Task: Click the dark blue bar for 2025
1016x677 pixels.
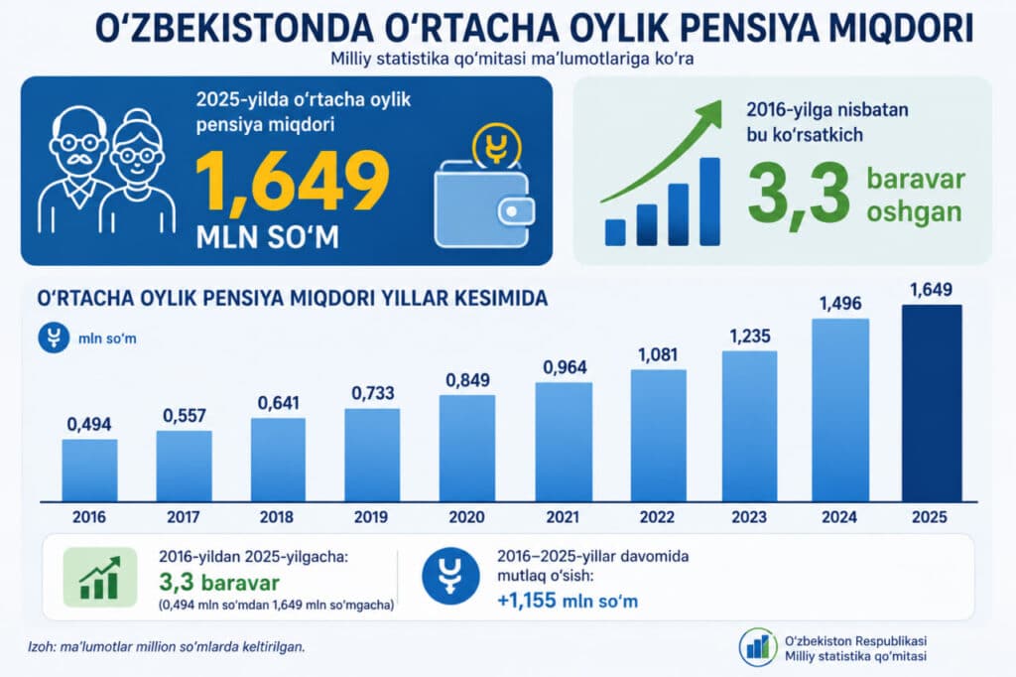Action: (x=932, y=403)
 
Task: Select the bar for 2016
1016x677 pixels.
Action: (x=89, y=471)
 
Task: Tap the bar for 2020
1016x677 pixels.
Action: (x=466, y=448)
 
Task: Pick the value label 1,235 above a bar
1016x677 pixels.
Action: (x=750, y=336)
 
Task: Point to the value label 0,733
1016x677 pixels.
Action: (x=373, y=393)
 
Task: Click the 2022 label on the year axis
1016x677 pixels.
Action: (x=657, y=517)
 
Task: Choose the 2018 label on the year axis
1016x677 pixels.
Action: (x=277, y=517)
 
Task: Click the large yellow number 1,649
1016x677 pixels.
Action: (x=293, y=183)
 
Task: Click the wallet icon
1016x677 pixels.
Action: (x=484, y=203)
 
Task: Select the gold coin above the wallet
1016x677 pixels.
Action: (x=497, y=147)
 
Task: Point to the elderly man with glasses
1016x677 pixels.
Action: (x=74, y=170)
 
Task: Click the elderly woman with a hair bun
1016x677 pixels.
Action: (x=140, y=172)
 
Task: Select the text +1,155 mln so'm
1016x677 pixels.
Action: (x=568, y=601)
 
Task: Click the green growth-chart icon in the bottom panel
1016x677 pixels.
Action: (x=100, y=577)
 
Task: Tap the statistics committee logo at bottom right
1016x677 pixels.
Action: (x=758, y=646)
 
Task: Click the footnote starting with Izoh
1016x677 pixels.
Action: (x=166, y=646)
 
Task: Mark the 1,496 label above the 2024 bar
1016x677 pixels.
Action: (x=840, y=303)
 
